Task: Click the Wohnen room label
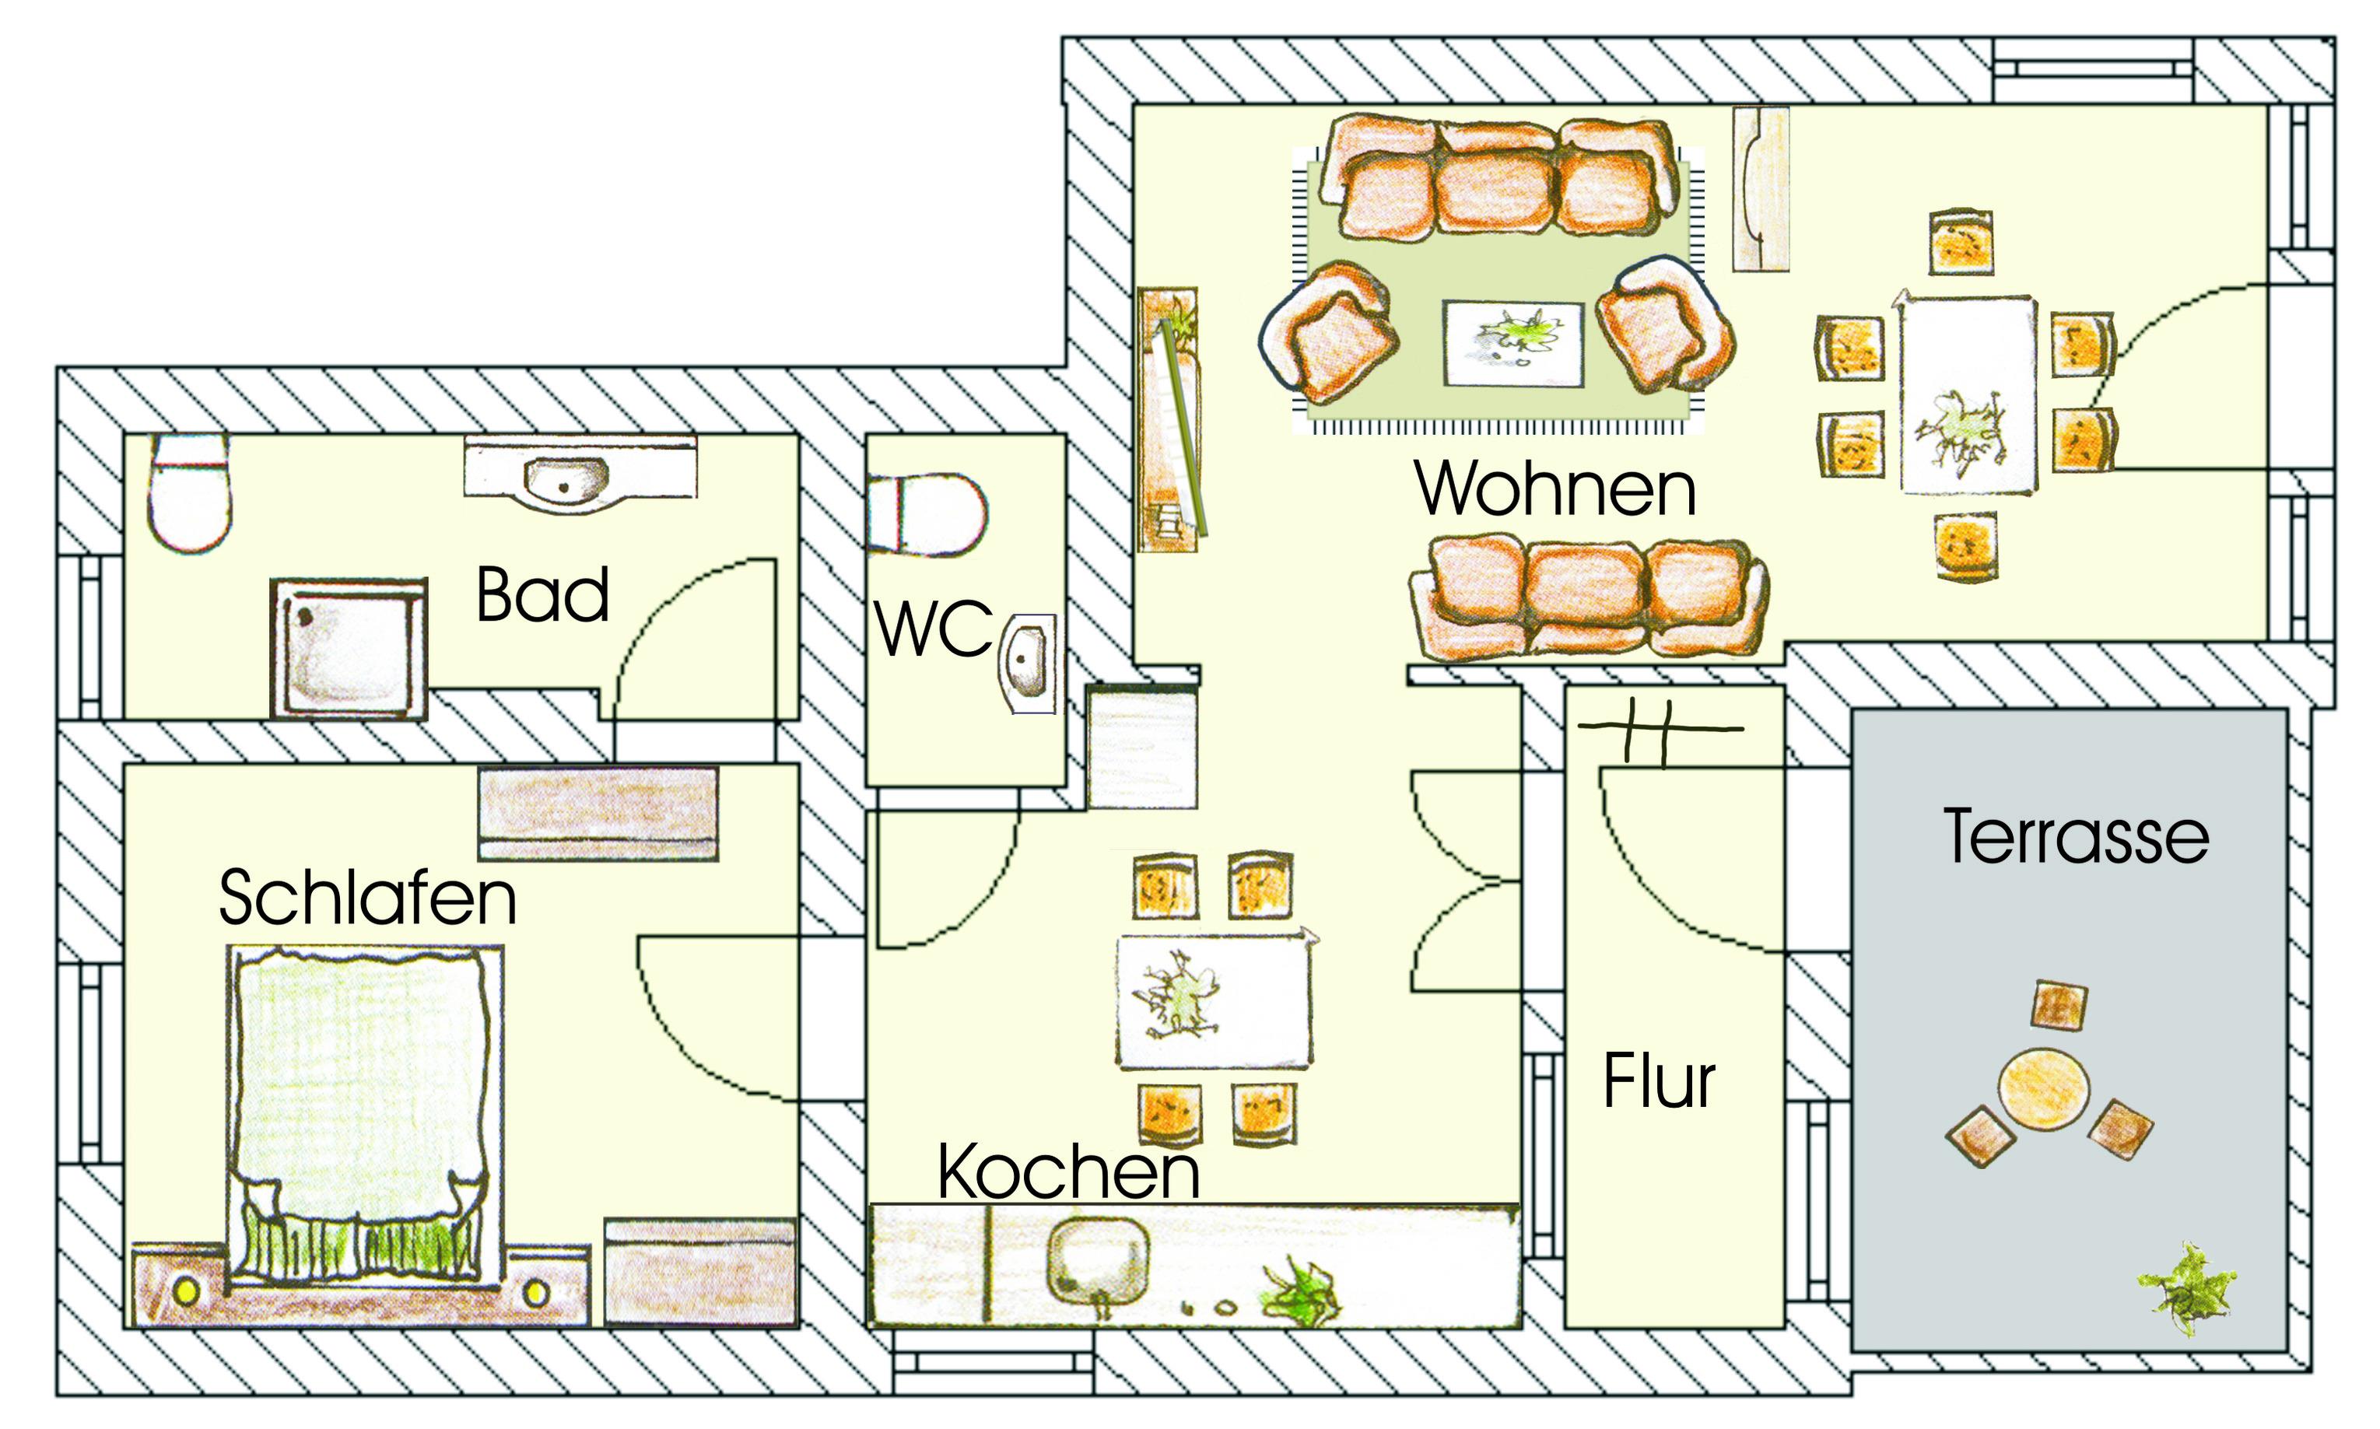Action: coord(1555,489)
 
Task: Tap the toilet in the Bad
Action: coord(190,492)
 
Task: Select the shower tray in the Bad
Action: coord(349,648)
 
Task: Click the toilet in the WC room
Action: coord(926,514)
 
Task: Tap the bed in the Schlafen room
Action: coord(365,1116)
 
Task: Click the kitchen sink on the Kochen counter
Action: coord(1098,1262)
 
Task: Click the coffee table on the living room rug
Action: coord(1512,344)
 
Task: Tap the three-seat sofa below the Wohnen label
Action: coord(1589,598)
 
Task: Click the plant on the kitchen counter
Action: coord(1300,1290)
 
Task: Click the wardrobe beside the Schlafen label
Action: coord(598,814)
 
